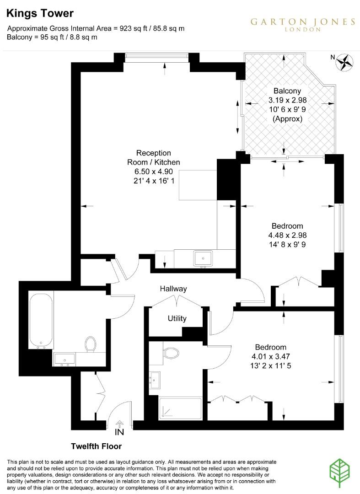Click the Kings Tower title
(40, 14)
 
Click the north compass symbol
(346, 62)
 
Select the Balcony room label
(287, 91)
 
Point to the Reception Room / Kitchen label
(153, 157)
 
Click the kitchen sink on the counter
(202, 258)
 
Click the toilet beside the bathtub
(90, 344)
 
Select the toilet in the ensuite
(172, 353)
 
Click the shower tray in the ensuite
(180, 408)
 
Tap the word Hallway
(173, 289)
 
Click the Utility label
(177, 318)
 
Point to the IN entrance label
(119, 431)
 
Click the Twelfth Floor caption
(96, 446)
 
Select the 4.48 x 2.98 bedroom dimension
(287, 235)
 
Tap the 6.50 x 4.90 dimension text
(153, 172)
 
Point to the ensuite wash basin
(155, 379)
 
